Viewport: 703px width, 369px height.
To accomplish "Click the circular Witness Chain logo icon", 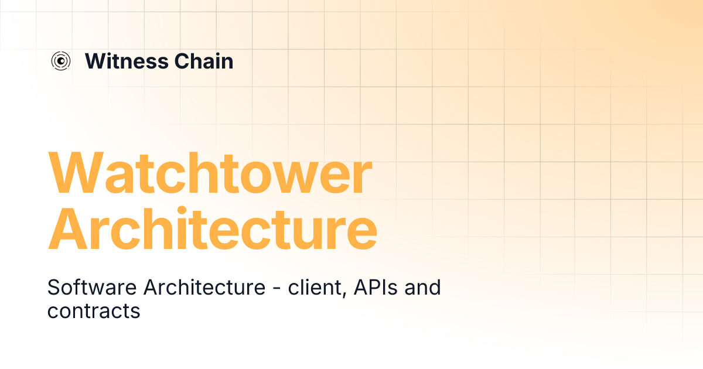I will pyautogui.click(x=61, y=61).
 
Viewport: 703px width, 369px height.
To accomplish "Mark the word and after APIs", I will pyautogui.click(x=421, y=288).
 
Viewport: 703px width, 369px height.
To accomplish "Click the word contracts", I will pyautogui.click(x=94, y=311).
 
